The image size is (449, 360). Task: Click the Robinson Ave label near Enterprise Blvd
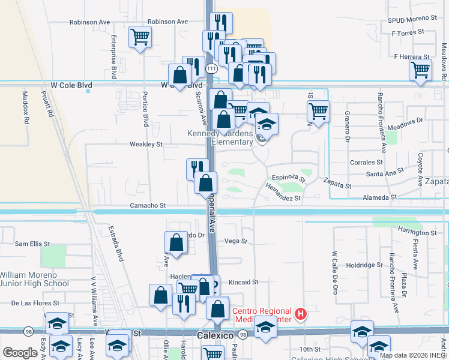(x=89, y=22)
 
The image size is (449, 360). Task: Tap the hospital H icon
(x=301, y=313)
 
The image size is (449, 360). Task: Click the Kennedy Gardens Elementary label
(x=220, y=137)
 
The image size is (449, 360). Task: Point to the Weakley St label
(x=146, y=145)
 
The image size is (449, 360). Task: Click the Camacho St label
(x=148, y=205)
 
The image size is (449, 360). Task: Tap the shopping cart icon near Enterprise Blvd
(x=140, y=37)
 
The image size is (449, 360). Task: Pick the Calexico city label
(x=215, y=335)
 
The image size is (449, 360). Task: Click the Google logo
(x=20, y=353)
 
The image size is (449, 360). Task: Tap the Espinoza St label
(x=288, y=178)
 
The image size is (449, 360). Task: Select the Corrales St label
(x=366, y=162)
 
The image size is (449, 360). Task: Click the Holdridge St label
(x=364, y=265)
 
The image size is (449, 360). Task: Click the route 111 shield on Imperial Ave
(x=211, y=69)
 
